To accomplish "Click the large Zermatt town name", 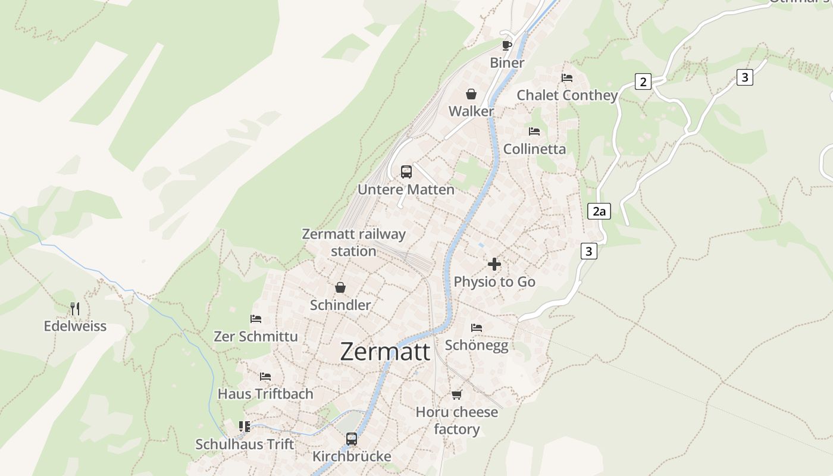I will point(385,352).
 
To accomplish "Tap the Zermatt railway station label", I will point(353,242).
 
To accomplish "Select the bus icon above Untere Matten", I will point(406,172).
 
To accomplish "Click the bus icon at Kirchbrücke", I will point(352,439).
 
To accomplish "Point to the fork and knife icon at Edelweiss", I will point(75,308).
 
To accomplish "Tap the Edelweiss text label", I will point(75,326).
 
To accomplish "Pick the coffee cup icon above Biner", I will point(507,45).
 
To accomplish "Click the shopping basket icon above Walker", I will point(471,94).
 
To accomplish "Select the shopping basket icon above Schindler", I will point(340,287).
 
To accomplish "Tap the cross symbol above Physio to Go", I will point(494,264).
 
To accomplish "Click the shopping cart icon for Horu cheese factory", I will point(457,394).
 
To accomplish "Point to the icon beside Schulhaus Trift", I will point(245,427).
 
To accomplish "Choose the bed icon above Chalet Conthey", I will point(567,78).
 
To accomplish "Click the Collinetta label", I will point(534,149).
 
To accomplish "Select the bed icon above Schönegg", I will point(477,327).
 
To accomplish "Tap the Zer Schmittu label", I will point(256,336).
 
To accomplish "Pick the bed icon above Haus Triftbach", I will point(265,377).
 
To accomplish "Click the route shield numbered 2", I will point(643,82).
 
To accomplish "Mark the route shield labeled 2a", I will point(599,211).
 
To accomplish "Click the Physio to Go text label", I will point(494,281).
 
